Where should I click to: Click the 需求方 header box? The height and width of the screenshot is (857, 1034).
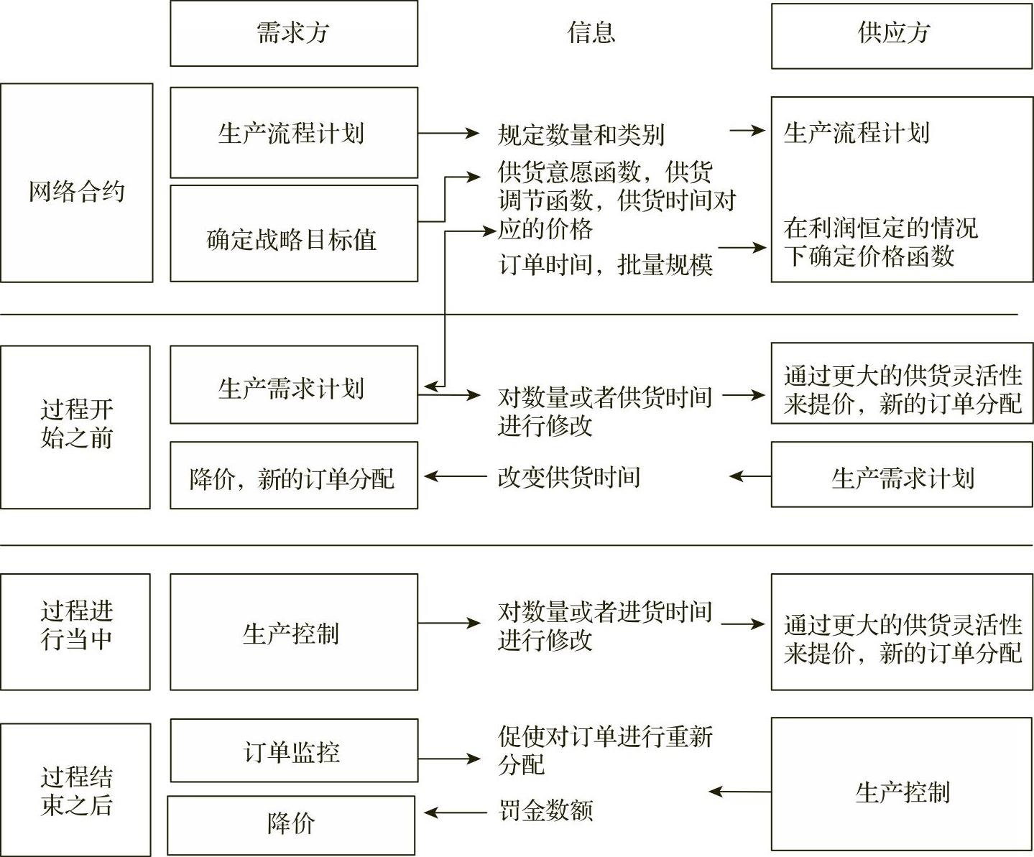[293, 34]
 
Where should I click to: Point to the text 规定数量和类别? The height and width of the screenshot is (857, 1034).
[581, 134]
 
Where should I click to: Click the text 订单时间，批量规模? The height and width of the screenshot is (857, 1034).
[605, 265]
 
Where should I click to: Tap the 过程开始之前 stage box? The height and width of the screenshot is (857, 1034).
[75, 427]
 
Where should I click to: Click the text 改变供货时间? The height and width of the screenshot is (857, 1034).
[568, 477]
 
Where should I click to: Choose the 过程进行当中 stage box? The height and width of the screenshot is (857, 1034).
[75, 631]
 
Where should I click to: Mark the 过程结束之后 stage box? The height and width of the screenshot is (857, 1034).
[75, 789]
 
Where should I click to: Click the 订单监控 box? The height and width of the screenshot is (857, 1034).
[293, 751]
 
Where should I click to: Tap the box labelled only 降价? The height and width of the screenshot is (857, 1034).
[291, 825]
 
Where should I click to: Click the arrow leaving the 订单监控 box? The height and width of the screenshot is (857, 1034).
[449, 759]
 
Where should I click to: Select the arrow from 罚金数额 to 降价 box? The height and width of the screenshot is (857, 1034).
[454, 813]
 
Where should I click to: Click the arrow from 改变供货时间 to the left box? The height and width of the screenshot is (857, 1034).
[454, 476]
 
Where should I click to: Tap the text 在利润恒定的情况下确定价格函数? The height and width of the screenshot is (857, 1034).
[880, 241]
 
